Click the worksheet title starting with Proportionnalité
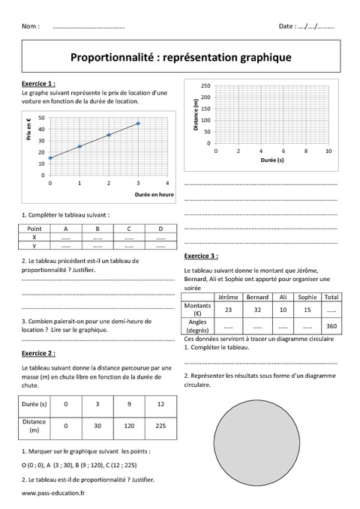pos(180,56)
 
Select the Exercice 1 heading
pos(38,83)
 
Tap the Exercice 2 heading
pos(38,352)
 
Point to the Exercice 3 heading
pos(200,255)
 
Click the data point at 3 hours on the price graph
pos(138,124)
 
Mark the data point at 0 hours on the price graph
pos(50,158)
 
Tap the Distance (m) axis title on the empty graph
pos(196,115)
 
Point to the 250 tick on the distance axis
pos(205,85)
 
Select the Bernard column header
pos(256,297)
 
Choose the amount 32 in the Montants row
pos(256,309)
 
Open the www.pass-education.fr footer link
pos(54,493)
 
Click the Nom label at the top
pos(31,26)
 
